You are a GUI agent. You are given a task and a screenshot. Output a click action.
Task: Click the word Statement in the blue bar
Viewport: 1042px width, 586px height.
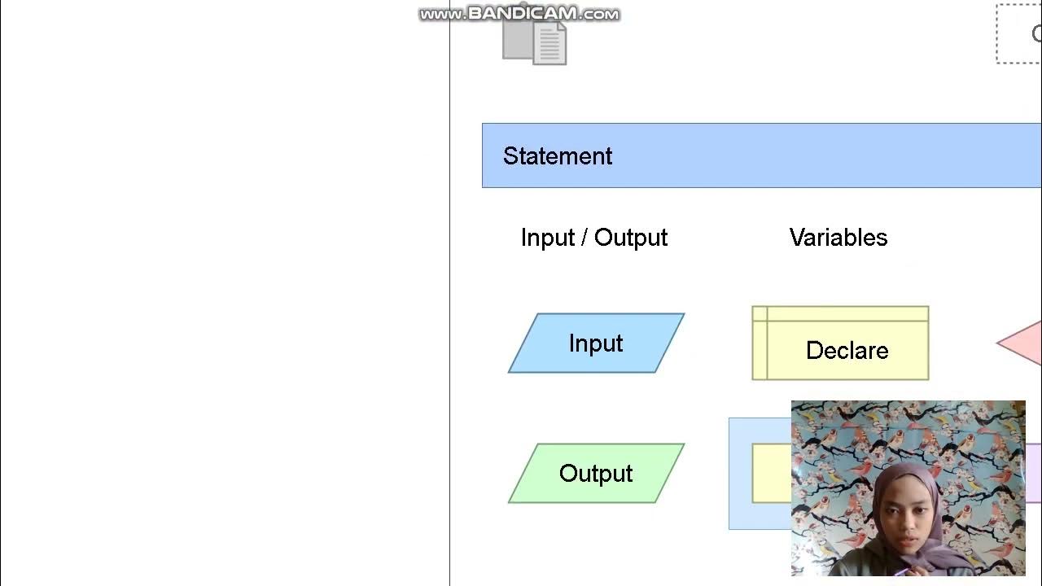pos(557,156)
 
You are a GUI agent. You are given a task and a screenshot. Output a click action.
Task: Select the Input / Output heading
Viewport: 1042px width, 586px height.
pos(593,238)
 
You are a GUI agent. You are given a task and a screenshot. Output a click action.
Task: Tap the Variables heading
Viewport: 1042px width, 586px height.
pos(838,238)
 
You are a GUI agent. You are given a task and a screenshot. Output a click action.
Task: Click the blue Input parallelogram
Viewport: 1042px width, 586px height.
pos(596,343)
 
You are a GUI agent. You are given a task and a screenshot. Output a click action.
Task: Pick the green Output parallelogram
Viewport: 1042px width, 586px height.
pos(596,474)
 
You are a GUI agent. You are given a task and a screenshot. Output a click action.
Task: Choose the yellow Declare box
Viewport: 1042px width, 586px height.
pos(840,343)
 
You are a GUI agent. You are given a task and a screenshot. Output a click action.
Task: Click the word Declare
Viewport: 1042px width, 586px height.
pos(847,351)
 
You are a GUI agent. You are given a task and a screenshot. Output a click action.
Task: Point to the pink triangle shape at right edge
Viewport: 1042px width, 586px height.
pos(1024,343)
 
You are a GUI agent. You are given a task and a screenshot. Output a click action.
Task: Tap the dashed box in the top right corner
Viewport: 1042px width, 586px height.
pos(1019,34)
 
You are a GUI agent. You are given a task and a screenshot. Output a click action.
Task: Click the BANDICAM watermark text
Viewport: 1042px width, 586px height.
pos(519,14)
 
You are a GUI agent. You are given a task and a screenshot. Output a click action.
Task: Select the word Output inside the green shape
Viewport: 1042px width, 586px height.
pos(596,474)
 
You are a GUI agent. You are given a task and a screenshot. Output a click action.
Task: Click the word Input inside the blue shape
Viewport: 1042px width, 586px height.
pos(596,343)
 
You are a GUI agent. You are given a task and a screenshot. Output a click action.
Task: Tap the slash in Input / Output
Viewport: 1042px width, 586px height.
pos(584,238)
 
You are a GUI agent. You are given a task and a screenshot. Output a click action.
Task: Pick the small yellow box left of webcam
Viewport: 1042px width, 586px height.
pos(771,473)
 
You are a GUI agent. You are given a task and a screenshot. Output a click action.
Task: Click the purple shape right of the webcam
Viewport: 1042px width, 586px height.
pos(1033,473)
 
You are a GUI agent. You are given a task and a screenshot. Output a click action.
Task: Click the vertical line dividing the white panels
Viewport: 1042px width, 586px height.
pos(449,326)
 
